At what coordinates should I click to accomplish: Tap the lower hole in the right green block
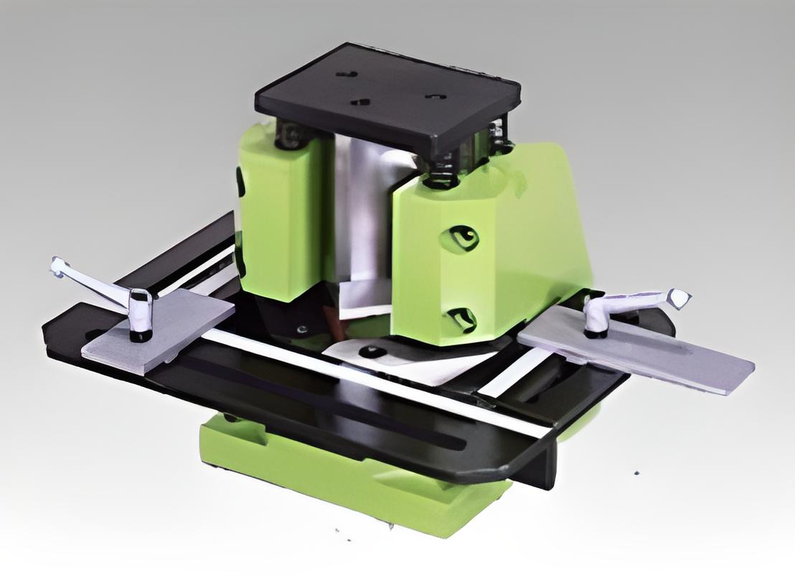click(461, 316)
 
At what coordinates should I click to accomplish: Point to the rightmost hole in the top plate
click(435, 96)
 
